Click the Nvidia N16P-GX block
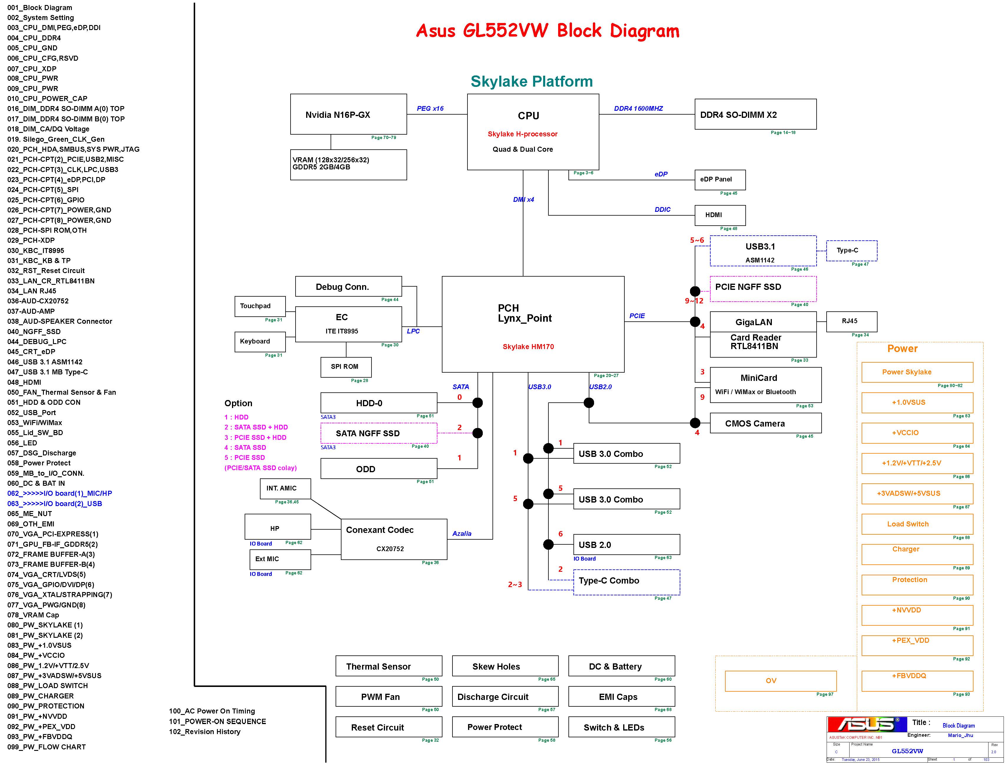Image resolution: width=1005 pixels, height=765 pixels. (348, 114)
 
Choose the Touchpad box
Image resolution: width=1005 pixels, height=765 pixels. (260, 306)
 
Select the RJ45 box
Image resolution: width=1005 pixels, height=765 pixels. (851, 321)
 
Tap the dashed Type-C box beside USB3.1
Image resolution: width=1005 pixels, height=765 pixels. (851, 250)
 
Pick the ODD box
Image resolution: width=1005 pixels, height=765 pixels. (379, 469)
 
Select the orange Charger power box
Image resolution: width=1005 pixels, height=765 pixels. (916, 554)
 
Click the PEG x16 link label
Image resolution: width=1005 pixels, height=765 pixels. (429, 108)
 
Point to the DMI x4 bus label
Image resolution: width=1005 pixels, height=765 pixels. (523, 199)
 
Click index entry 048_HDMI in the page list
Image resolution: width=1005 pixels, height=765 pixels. (24, 382)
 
